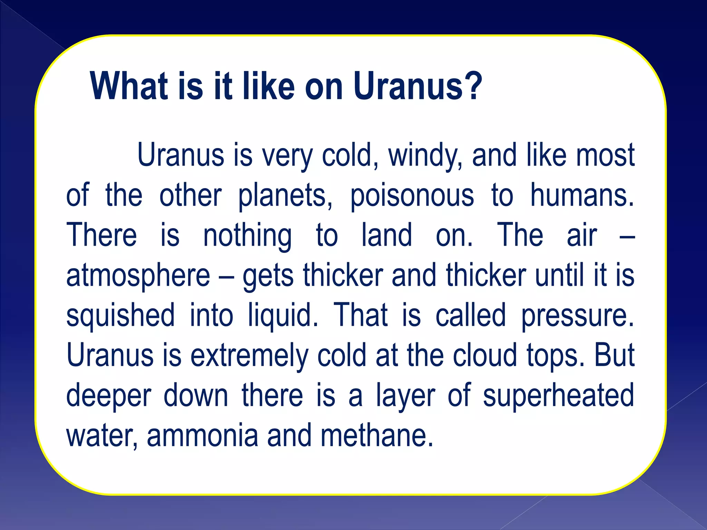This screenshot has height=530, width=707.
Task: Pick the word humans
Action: coord(582,195)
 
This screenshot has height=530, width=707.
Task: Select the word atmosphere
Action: coord(138,276)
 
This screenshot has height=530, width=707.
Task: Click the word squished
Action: coord(120,316)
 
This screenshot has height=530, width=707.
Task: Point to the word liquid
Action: coord(283,316)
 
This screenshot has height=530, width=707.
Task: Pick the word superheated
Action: coord(558,396)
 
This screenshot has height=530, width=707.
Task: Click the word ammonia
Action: coord(202,435)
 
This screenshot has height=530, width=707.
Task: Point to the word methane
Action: coord(377,435)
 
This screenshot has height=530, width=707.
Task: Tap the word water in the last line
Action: coord(101,436)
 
